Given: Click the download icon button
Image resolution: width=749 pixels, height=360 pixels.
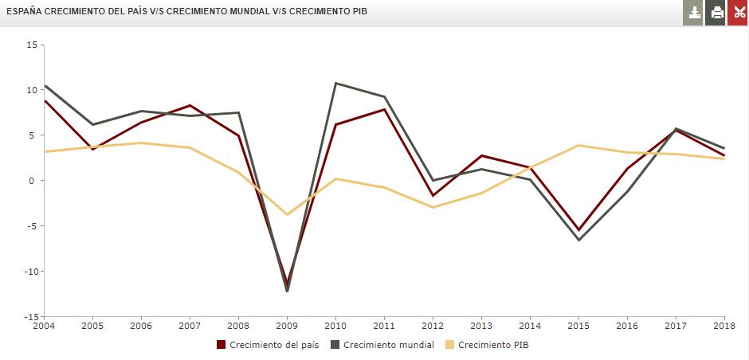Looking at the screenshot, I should tap(694, 12).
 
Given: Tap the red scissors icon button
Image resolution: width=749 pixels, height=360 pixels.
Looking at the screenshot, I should tap(738, 12).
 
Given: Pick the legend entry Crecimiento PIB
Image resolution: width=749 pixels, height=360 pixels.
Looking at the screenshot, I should tap(492, 345).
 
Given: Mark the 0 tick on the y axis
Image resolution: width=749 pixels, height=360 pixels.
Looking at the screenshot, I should tap(34, 181).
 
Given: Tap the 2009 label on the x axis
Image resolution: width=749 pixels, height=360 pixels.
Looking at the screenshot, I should tap(287, 325).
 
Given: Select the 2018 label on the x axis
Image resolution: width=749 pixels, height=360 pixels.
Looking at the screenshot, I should tap(723, 325).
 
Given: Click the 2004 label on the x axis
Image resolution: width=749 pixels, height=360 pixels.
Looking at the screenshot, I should tap(45, 325).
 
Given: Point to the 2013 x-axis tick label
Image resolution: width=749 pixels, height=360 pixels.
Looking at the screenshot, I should tap(480, 325).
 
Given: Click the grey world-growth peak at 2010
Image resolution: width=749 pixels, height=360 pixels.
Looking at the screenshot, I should tap(335, 84).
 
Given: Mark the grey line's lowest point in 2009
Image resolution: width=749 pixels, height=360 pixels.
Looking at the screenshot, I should tap(287, 292).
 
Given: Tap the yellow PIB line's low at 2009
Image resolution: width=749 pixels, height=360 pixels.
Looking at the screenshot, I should tap(287, 214).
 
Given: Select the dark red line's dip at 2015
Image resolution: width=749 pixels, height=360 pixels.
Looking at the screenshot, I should tap(578, 230).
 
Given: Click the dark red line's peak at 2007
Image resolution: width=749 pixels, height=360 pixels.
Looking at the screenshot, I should tap(190, 105).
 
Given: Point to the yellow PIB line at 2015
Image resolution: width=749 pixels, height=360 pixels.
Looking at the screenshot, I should tap(578, 145).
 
